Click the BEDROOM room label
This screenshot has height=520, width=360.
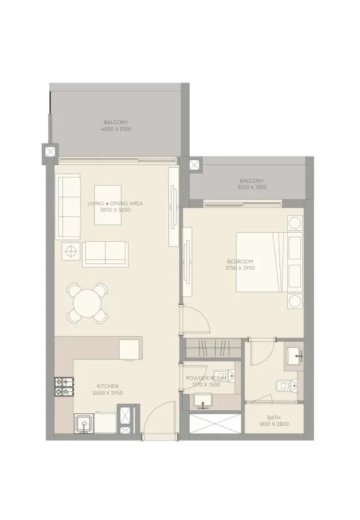click(240, 261)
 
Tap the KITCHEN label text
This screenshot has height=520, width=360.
click(108, 386)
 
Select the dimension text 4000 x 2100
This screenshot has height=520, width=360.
click(116, 129)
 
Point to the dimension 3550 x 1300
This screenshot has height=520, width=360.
click(251, 187)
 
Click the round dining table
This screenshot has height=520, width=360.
click(87, 304)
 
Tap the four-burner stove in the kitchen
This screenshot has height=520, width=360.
click(64, 387)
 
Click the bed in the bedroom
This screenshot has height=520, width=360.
click(269, 262)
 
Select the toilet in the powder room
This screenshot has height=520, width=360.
click(224, 376)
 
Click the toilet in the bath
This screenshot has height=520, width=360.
click(287, 385)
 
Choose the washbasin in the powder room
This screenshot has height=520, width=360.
click(203, 400)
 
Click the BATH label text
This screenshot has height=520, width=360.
click(274, 417)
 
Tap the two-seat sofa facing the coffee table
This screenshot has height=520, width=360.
click(105, 254)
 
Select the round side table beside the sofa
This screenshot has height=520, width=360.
click(71, 251)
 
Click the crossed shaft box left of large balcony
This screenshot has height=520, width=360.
click(50, 152)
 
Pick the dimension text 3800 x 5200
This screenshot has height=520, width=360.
click(115, 210)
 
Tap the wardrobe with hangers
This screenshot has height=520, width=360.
click(214, 348)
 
